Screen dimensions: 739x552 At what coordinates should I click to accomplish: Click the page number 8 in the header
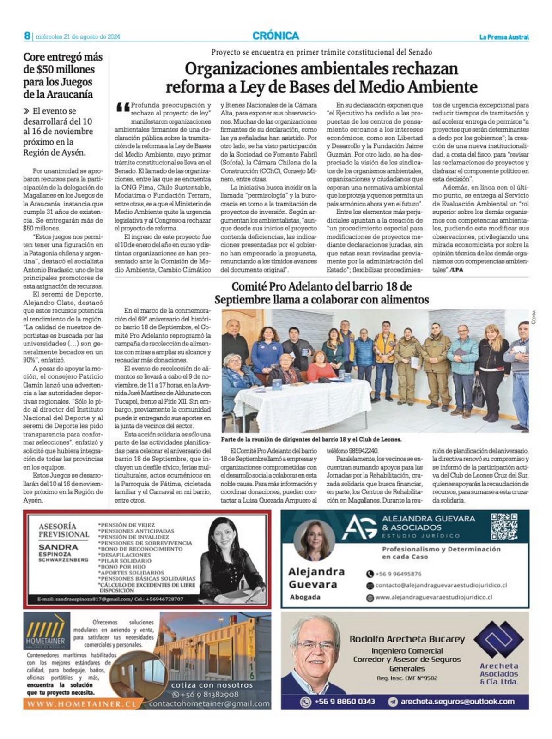(x=27, y=36)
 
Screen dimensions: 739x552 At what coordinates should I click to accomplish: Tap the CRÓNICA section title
(x=276, y=36)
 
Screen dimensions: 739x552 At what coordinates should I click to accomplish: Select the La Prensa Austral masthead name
(x=503, y=37)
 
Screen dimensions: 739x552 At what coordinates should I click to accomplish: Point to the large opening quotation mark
(x=122, y=108)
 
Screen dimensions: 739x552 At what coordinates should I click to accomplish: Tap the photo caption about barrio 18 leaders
(x=311, y=439)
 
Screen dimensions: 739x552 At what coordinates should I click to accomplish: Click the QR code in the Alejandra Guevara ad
(x=503, y=526)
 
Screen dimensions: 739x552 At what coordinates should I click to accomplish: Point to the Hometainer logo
(x=46, y=631)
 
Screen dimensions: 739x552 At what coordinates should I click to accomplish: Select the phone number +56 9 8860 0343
(x=344, y=702)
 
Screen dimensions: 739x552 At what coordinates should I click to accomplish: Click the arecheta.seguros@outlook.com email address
(x=457, y=702)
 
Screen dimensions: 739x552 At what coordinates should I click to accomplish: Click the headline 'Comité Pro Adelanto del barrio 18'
(x=321, y=293)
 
